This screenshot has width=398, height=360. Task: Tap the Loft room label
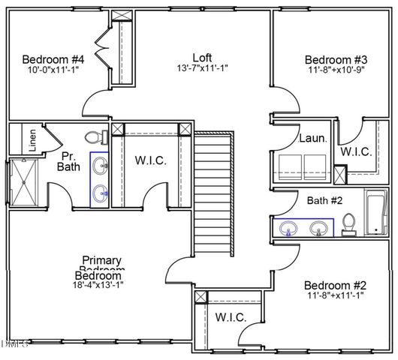202,56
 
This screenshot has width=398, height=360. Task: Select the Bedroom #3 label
336,60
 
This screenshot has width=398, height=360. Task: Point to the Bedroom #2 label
335,285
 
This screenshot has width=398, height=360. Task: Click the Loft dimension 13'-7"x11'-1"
202,68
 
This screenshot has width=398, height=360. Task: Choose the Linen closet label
32,141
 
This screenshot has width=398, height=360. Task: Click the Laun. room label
312,139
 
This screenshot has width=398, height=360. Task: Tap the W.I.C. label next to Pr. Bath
150,160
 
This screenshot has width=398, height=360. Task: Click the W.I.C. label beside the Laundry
355,151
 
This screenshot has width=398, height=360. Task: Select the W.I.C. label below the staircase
230,317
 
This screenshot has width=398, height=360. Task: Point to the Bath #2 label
324,200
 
